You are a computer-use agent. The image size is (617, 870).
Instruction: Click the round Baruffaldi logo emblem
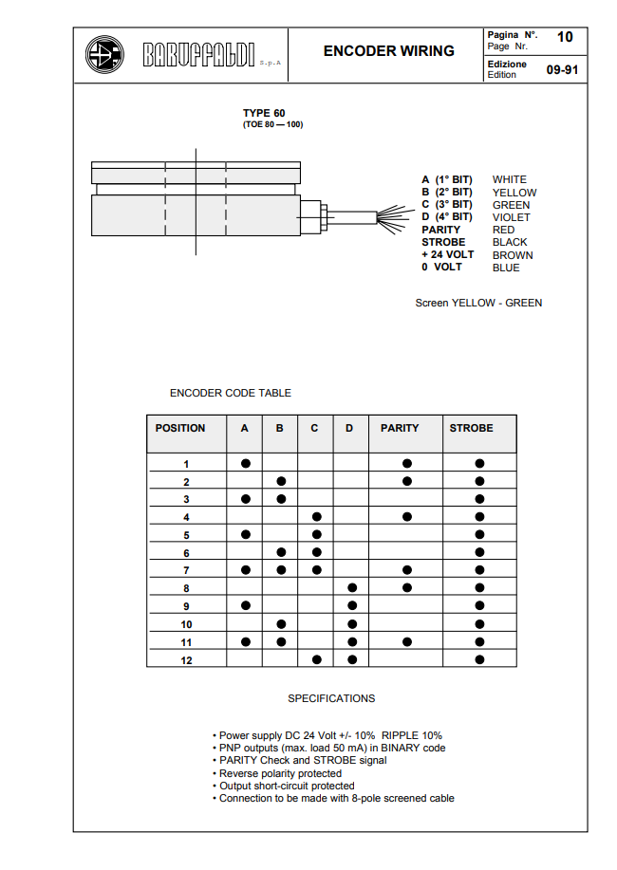[104, 54]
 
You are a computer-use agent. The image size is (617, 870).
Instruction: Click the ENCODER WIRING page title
[388, 51]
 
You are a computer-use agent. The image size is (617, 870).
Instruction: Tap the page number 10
[565, 37]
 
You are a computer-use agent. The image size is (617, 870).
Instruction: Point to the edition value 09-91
[561, 69]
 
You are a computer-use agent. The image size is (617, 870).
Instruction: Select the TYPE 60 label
[263, 113]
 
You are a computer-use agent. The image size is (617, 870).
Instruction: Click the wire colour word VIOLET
[511, 217]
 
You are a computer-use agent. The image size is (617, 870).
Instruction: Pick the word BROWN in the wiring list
[513, 255]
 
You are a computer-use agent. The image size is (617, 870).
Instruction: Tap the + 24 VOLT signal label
[447, 255]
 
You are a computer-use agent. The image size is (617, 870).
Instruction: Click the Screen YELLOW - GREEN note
[478, 303]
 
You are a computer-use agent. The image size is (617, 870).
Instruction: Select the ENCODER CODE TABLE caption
[231, 393]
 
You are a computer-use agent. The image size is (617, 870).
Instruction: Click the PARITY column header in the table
[400, 429]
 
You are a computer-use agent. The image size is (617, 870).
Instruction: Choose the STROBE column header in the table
[471, 429]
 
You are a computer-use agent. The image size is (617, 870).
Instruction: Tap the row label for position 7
[186, 570]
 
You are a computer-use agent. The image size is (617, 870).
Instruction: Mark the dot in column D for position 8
[351, 588]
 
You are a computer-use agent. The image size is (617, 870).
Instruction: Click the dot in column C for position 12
[316, 659]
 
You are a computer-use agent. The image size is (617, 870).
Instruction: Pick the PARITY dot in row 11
[407, 641]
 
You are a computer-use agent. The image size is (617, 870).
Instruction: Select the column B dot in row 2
[280, 481]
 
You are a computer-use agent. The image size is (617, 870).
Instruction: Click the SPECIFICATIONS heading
[331, 698]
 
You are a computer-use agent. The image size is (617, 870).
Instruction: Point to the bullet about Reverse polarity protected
[280, 774]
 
